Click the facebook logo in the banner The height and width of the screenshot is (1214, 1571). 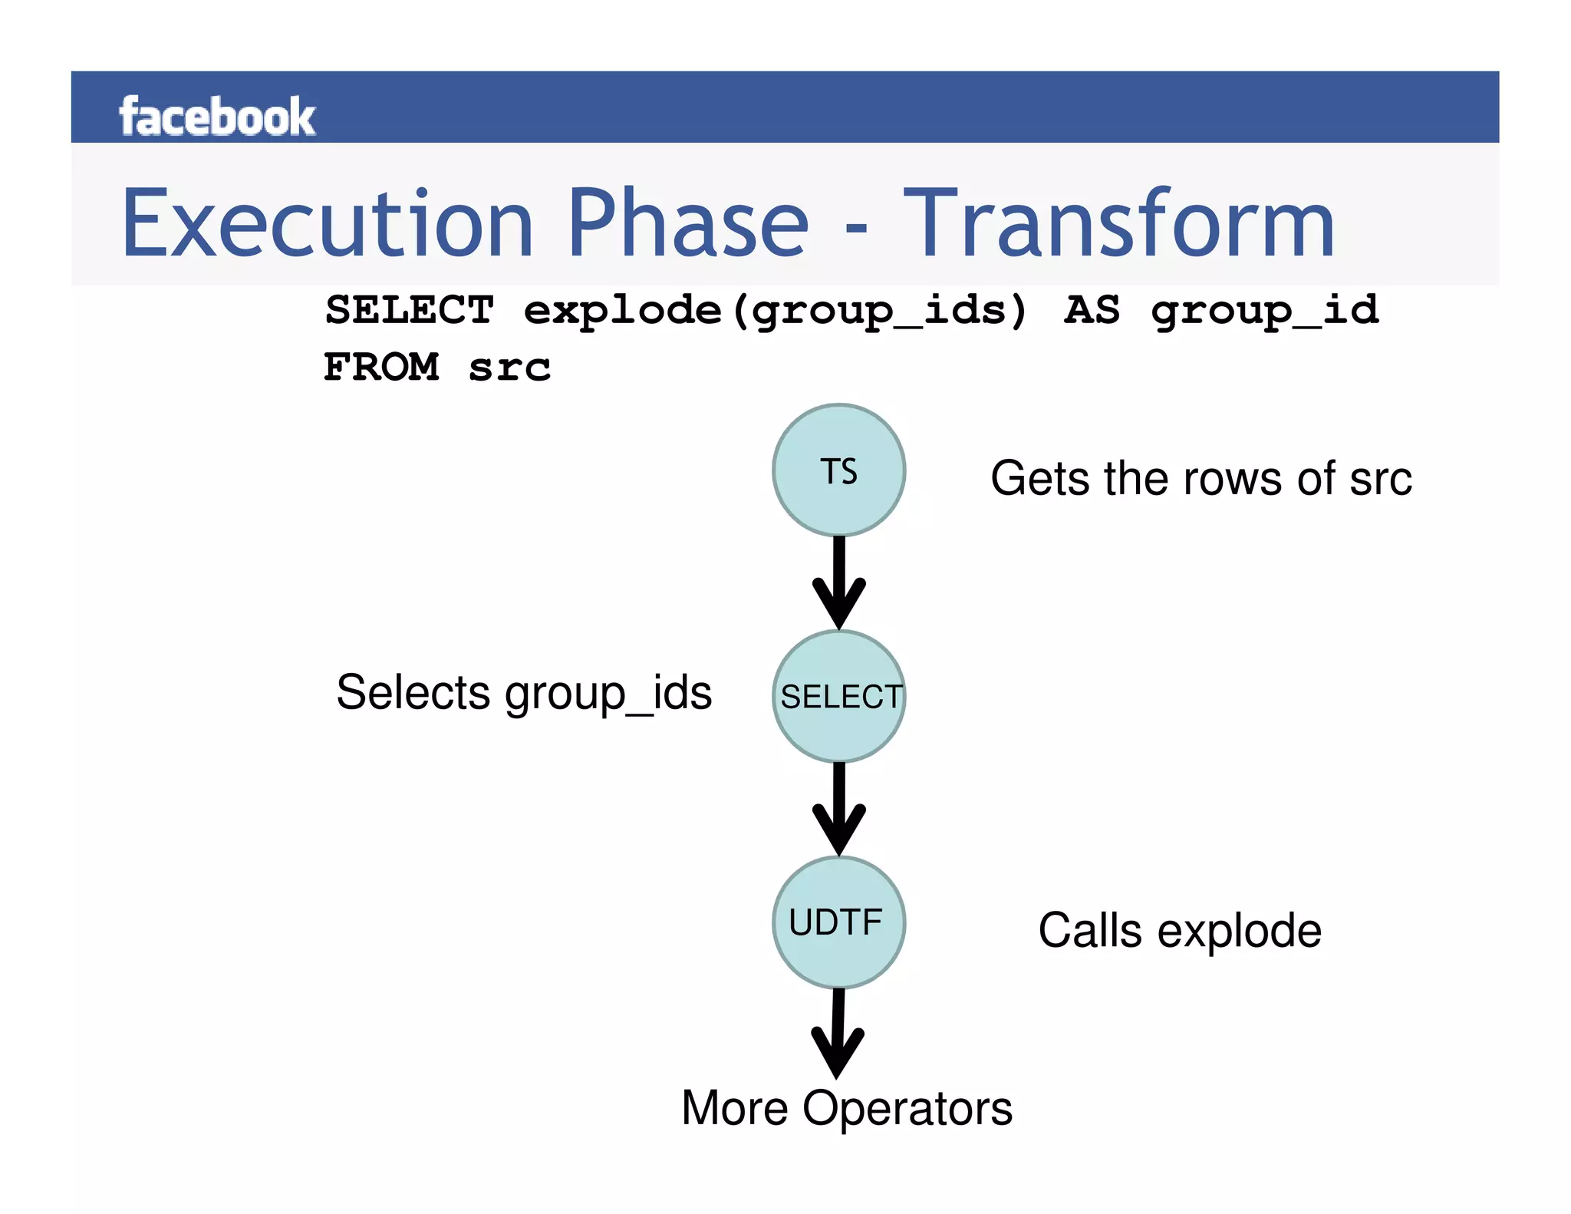click(216, 117)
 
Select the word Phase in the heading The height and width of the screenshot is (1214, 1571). click(688, 224)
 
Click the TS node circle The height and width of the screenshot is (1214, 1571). click(838, 470)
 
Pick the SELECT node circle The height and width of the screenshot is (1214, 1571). click(838, 697)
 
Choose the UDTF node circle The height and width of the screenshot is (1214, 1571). click(838, 922)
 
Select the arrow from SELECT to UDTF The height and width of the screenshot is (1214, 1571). click(838, 810)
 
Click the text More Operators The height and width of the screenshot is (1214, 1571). click(847, 1108)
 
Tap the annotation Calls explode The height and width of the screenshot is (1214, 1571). click(1179, 931)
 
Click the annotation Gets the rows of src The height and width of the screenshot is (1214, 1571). click(1200, 479)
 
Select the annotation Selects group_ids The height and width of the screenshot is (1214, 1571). click(524, 693)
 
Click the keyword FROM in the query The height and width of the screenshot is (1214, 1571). click(381, 367)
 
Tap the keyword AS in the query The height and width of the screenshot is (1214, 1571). click(1091, 311)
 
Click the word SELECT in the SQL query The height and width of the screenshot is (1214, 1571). click(410, 311)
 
